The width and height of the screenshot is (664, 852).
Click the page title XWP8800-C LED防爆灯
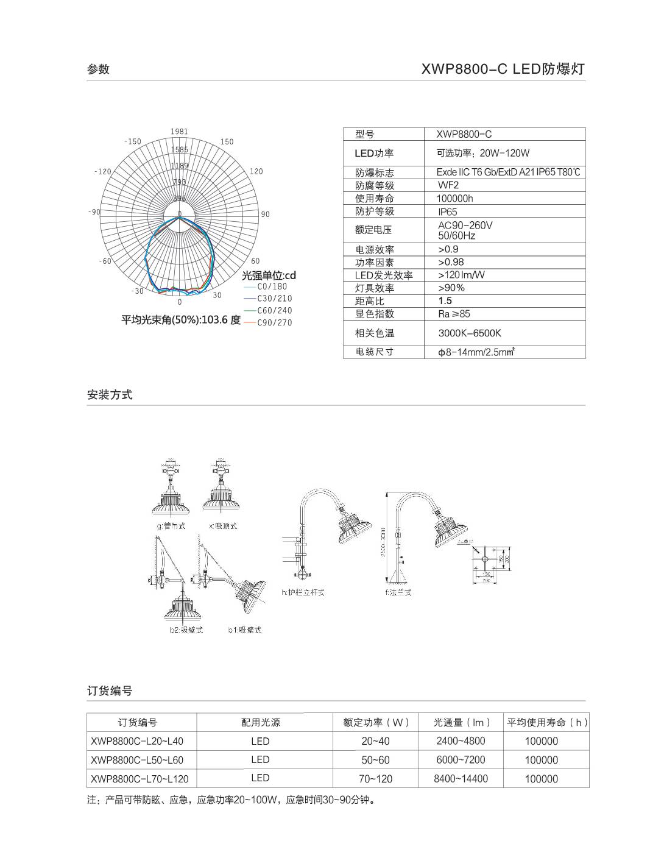[503, 69]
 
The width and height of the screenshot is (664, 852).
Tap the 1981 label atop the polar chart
[179, 132]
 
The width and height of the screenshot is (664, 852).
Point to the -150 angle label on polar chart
[132, 141]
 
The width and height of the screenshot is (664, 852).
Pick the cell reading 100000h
[454, 199]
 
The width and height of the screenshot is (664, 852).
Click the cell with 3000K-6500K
[470, 333]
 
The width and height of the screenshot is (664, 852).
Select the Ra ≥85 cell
[454, 314]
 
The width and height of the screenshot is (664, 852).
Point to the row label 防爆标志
[375, 173]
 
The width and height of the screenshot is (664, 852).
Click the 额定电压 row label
[373, 230]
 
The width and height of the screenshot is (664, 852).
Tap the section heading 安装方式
[110, 395]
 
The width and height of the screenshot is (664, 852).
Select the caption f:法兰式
[398, 592]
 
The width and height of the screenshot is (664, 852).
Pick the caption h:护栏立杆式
[303, 592]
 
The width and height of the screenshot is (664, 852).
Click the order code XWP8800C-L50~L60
[136, 760]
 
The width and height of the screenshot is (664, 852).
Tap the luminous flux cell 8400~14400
[461, 779]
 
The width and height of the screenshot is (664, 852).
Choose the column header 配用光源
[261, 723]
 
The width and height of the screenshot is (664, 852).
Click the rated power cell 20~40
[375, 742]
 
